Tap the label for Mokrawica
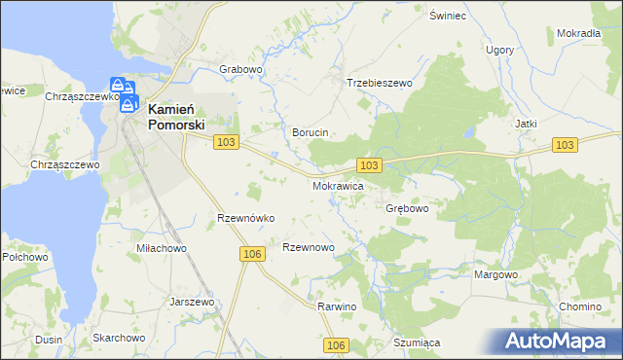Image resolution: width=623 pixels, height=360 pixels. (x=339, y=184)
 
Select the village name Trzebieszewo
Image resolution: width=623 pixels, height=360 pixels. (x=380, y=83)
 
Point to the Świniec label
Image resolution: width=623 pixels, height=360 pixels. (x=449, y=16)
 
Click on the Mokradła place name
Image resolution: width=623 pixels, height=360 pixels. (x=578, y=32)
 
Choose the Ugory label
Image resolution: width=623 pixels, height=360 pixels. (x=499, y=49)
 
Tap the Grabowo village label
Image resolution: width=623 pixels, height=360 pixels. (x=242, y=69)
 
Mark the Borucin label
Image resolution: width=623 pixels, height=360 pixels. (x=311, y=131)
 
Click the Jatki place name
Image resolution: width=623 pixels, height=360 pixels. (x=527, y=124)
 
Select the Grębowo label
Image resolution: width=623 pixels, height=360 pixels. (x=408, y=208)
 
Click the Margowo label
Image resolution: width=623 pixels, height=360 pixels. (x=495, y=274)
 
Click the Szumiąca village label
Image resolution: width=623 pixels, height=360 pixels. (x=418, y=342)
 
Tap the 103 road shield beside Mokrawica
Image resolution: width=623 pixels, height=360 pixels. (x=369, y=165)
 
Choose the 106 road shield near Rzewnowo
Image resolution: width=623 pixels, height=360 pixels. (x=251, y=253)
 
